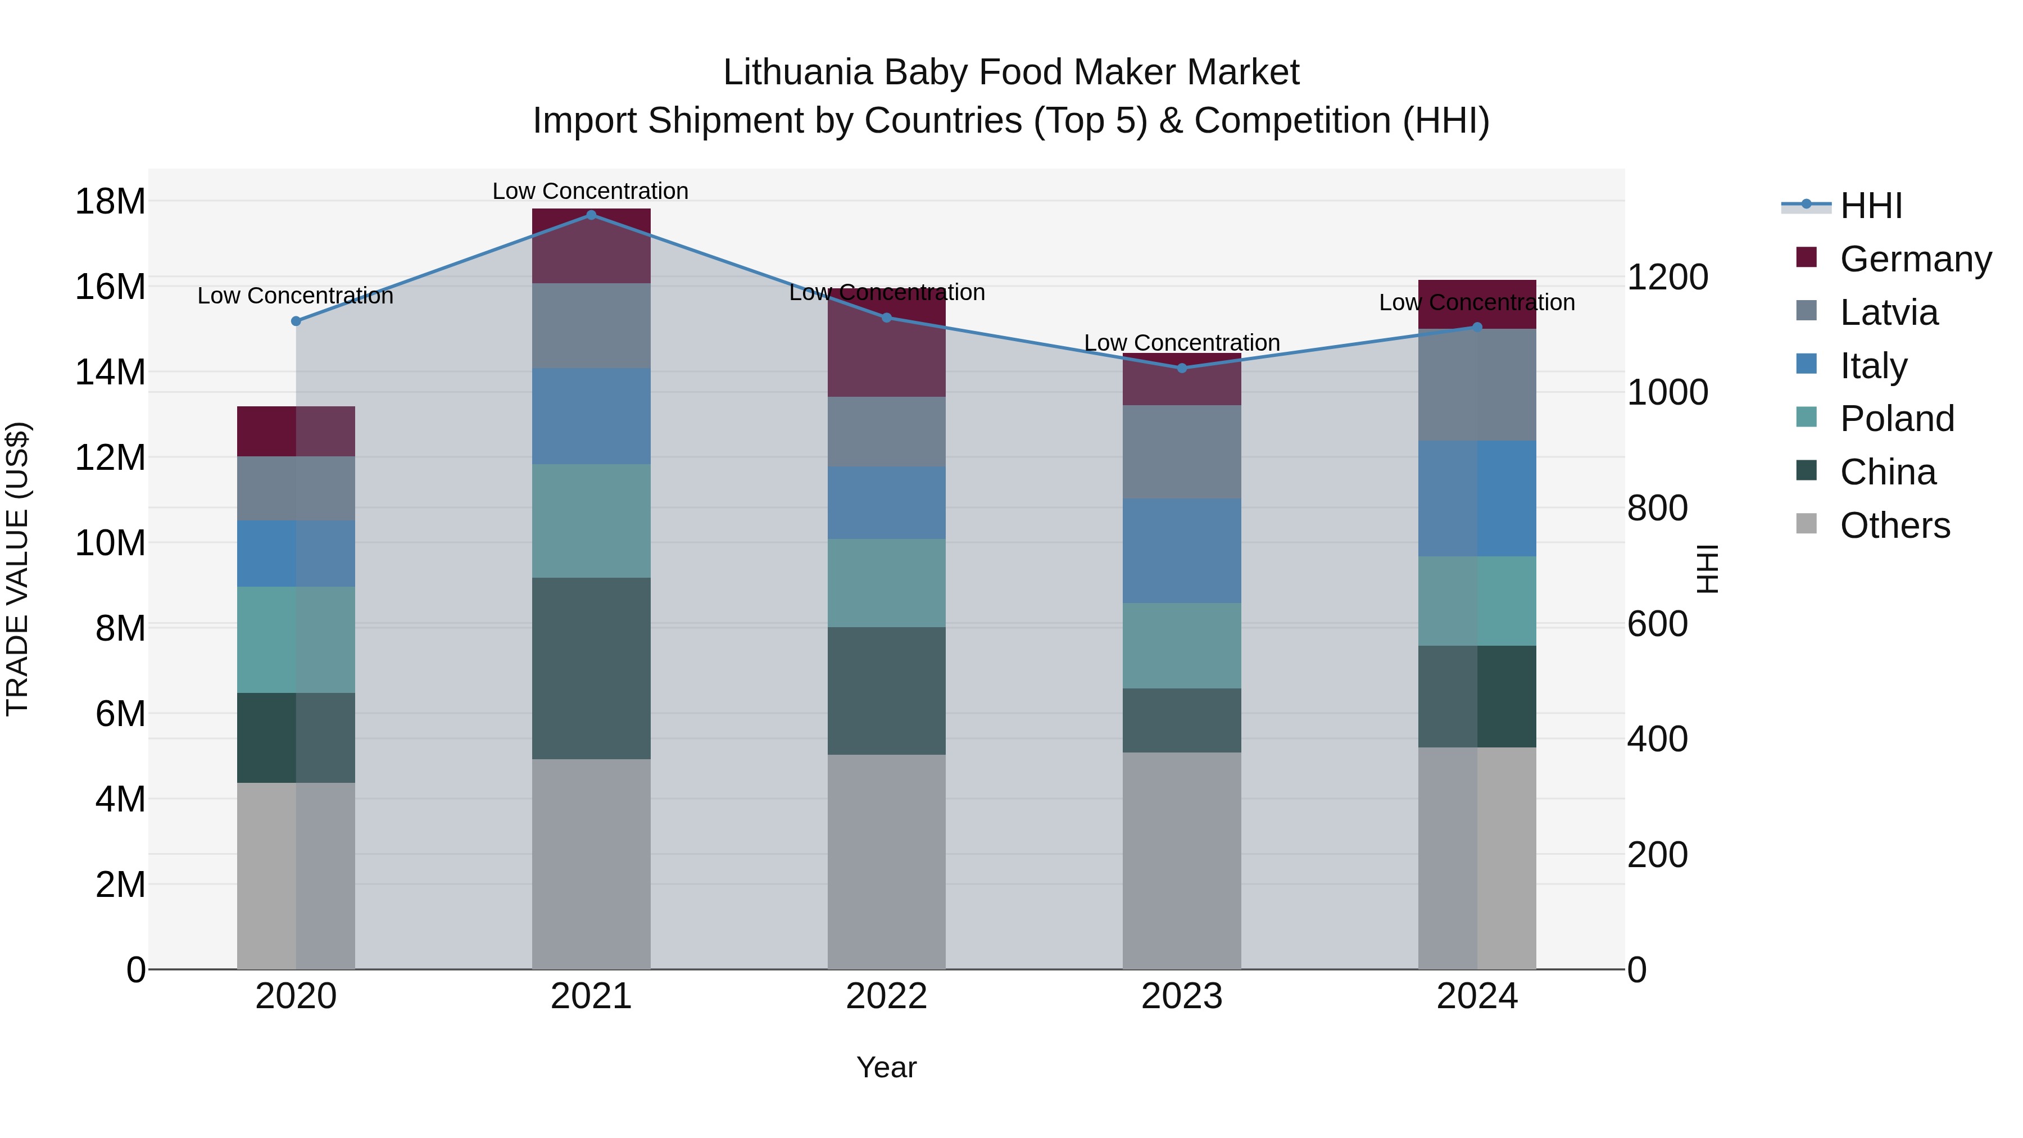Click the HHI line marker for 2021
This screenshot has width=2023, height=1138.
[x=591, y=215]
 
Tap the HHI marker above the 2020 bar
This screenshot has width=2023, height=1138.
[x=296, y=321]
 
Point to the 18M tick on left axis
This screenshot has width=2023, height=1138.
[x=110, y=202]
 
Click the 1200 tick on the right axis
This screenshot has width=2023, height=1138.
[x=1667, y=277]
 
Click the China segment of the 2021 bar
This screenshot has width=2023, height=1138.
[x=591, y=668]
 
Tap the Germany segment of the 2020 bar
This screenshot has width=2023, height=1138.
[x=296, y=431]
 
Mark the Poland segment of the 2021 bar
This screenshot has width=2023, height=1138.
[x=591, y=521]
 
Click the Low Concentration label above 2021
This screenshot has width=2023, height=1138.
[x=591, y=191]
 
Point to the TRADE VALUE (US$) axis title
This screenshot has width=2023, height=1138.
[x=17, y=569]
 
